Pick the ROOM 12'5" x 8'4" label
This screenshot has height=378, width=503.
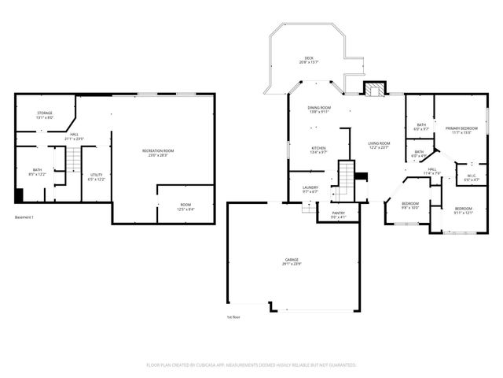[x=185, y=206]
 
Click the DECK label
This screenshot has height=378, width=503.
[x=310, y=60]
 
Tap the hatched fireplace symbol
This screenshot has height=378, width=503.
[x=374, y=88]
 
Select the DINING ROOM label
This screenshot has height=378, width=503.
[x=319, y=109]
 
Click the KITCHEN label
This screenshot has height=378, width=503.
[x=318, y=149]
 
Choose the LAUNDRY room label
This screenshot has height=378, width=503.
[x=310, y=189]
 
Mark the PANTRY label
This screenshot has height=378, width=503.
[x=338, y=215]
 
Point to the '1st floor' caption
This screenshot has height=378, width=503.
[x=234, y=317]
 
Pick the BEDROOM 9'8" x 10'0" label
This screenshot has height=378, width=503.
[x=410, y=206]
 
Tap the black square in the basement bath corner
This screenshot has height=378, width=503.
[x=19, y=197]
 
